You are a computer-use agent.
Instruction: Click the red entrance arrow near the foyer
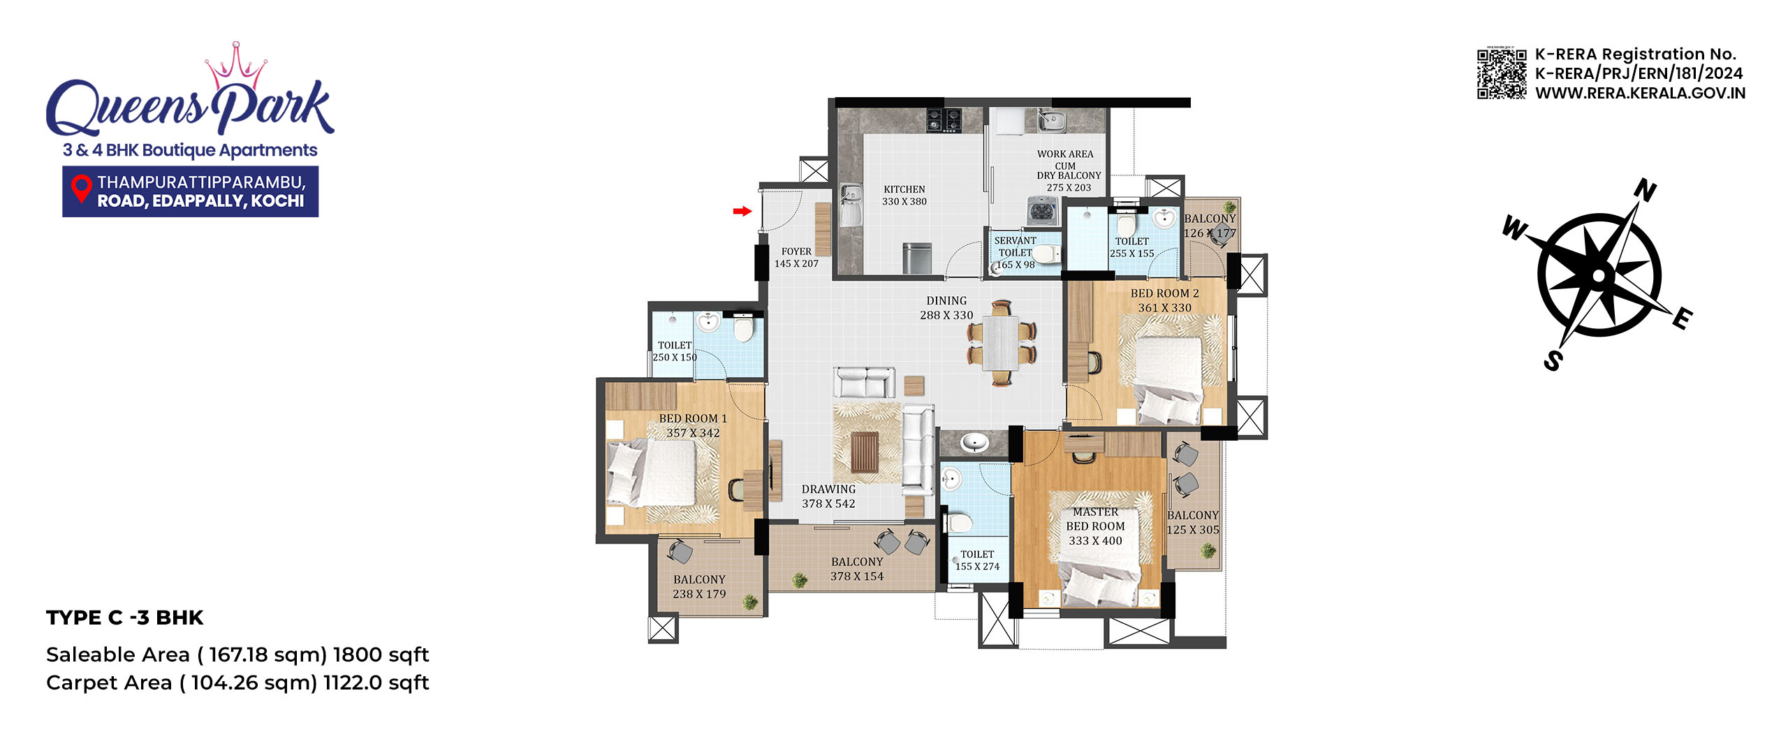(x=742, y=211)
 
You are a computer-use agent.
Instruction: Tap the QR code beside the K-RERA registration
(x=1502, y=73)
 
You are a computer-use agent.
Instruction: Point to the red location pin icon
(x=82, y=191)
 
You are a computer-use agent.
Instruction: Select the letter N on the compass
(x=1645, y=190)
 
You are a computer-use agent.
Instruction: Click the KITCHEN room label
(x=904, y=189)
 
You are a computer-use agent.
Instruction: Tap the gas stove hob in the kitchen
(x=944, y=119)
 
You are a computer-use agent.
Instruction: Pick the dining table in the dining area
(x=1002, y=342)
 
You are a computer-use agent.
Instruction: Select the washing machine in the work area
(x=1043, y=210)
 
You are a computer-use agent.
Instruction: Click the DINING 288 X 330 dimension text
(x=946, y=308)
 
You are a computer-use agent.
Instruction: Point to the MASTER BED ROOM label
(x=1095, y=519)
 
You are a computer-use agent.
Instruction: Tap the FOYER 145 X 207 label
(x=796, y=257)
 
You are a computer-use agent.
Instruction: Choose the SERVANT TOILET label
(x=1016, y=247)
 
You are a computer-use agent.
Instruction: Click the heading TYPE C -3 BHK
(x=124, y=618)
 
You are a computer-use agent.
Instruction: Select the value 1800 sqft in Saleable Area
(x=381, y=655)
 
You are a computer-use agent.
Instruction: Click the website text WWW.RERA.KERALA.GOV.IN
(x=1640, y=93)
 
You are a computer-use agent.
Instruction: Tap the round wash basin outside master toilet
(x=974, y=442)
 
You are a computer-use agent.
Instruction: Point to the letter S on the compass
(x=1553, y=360)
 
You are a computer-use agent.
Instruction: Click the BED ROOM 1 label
(x=693, y=418)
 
